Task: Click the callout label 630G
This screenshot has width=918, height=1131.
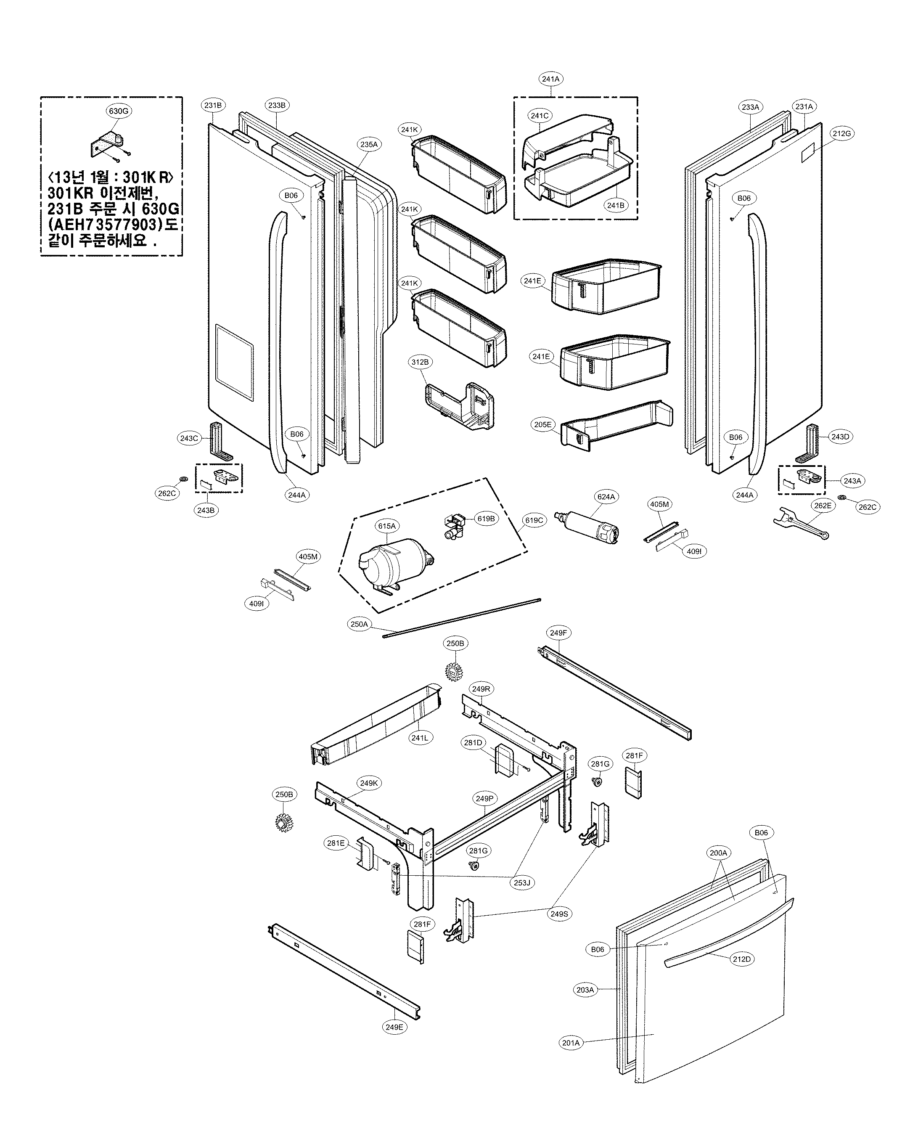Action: tap(119, 111)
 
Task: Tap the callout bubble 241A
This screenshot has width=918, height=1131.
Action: tap(550, 79)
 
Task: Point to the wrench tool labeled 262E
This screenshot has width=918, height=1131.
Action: tap(799, 525)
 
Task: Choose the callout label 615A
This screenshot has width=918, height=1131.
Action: tap(386, 526)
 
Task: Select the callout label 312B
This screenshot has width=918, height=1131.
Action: tap(420, 362)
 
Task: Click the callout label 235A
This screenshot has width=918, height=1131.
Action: tap(369, 144)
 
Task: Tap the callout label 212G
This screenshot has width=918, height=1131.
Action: tap(841, 133)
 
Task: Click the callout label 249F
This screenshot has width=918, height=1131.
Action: tap(558, 633)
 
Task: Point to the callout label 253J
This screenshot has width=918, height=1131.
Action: tap(521, 882)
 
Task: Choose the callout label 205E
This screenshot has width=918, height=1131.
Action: tap(543, 424)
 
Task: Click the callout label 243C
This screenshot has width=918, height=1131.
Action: tap(189, 438)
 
